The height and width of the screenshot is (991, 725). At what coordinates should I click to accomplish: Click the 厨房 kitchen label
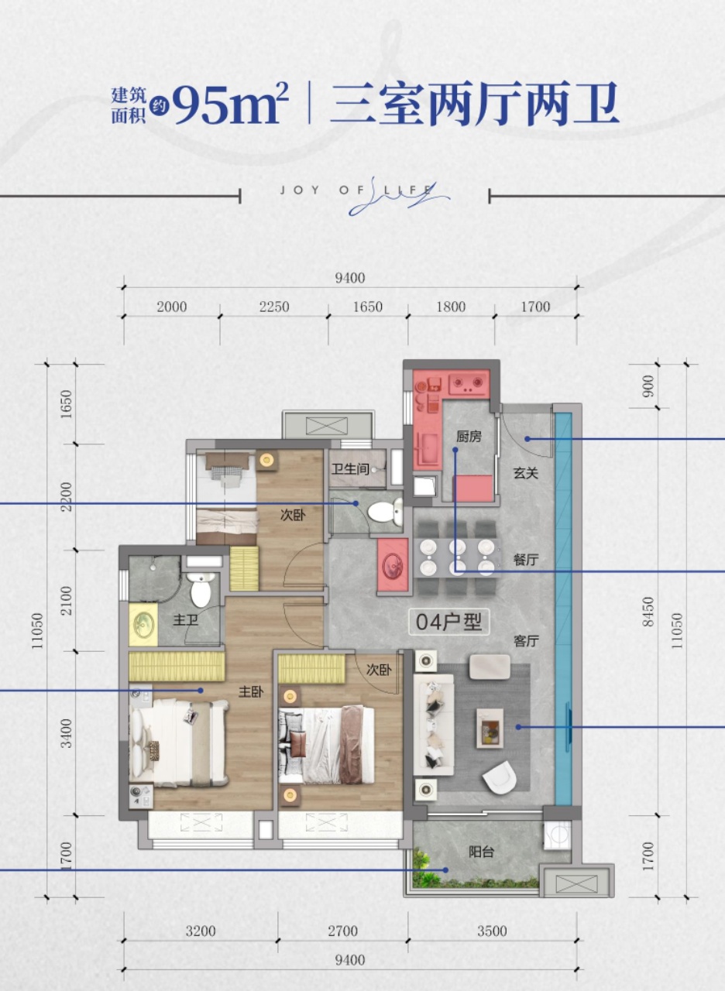point(469,437)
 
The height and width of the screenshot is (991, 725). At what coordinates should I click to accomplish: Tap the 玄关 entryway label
point(526,473)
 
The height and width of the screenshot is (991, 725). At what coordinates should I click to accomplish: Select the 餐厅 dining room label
point(526,560)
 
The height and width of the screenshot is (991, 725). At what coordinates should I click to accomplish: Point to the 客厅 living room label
point(526,641)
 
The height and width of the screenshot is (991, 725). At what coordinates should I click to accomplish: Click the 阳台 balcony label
point(482,852)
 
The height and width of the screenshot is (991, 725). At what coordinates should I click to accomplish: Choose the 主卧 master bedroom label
point(252,692)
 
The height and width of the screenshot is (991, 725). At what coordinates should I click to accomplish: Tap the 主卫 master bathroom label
point(185,620)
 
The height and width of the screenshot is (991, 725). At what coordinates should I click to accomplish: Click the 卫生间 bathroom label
point(350,468)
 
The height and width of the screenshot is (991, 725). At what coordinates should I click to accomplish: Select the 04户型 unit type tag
point(448,622)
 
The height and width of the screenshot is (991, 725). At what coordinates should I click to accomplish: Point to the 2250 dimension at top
point(274,307)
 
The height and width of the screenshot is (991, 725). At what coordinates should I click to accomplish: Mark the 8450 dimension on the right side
point(648,612)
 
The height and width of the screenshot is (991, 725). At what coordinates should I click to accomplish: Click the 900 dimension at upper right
point(648,386)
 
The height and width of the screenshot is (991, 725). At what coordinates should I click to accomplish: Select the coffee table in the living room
point(490,729)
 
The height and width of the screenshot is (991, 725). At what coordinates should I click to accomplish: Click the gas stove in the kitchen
point(469,383)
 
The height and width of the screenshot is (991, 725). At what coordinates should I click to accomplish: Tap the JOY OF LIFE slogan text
point(356,190)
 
